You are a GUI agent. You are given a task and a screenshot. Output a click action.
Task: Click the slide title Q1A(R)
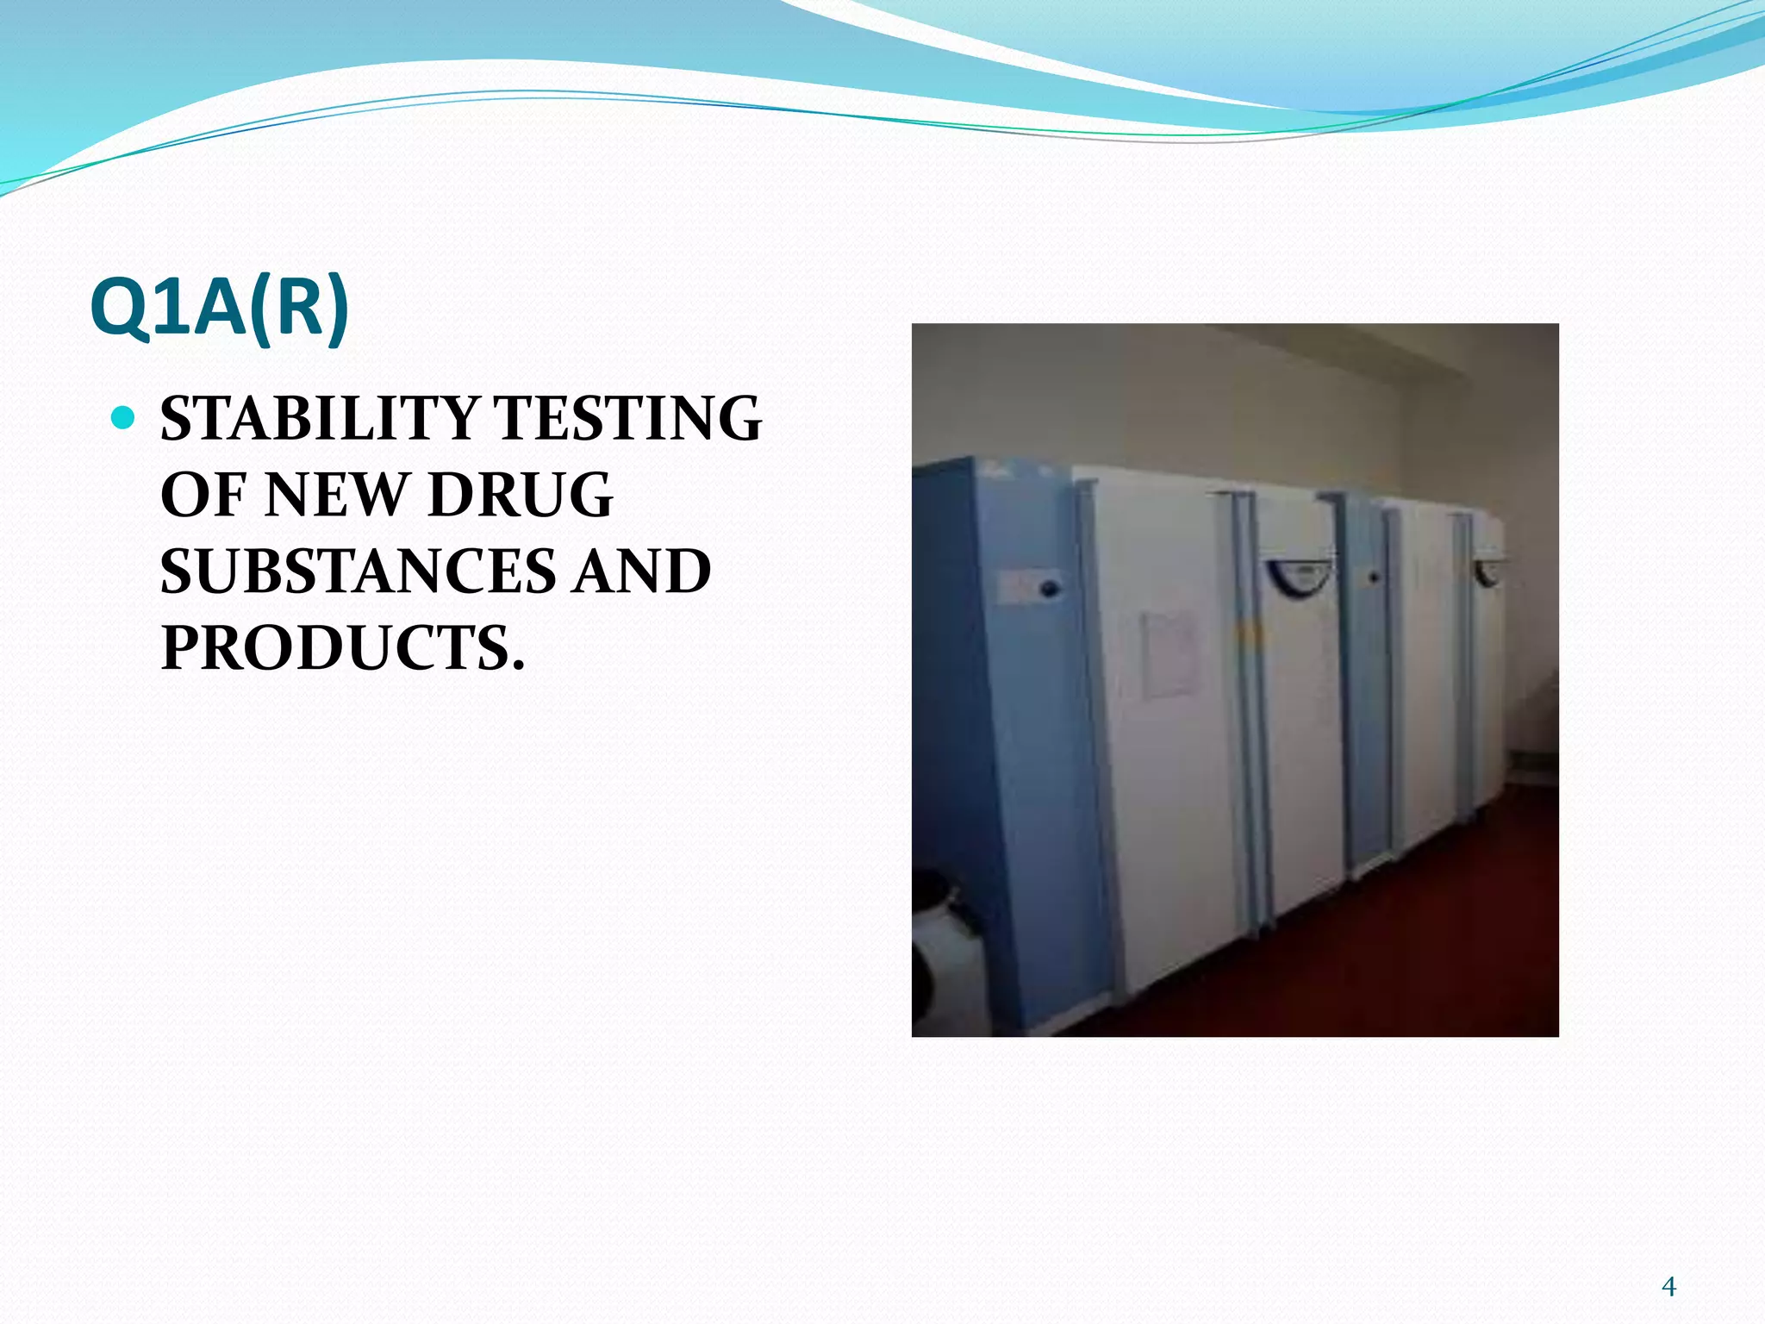point(220,308)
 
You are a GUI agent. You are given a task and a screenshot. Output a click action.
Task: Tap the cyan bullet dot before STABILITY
point(124,418)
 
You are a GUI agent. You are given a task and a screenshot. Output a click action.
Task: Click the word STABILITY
point(318,419)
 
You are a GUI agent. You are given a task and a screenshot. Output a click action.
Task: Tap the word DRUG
point(521,496)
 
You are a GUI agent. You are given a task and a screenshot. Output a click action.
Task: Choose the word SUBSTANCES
point(358,571)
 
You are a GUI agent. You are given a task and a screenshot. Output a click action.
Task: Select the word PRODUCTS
point(342,648)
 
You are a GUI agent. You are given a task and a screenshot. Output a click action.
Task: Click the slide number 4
point(1668,1287)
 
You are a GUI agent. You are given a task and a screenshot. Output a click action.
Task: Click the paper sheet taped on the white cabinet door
point(1169,655)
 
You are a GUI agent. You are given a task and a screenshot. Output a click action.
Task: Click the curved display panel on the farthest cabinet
point(1488,571)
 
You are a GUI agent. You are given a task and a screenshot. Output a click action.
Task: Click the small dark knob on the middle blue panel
point(1372,578)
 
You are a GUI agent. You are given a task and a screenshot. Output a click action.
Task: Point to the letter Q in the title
point(122,308)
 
